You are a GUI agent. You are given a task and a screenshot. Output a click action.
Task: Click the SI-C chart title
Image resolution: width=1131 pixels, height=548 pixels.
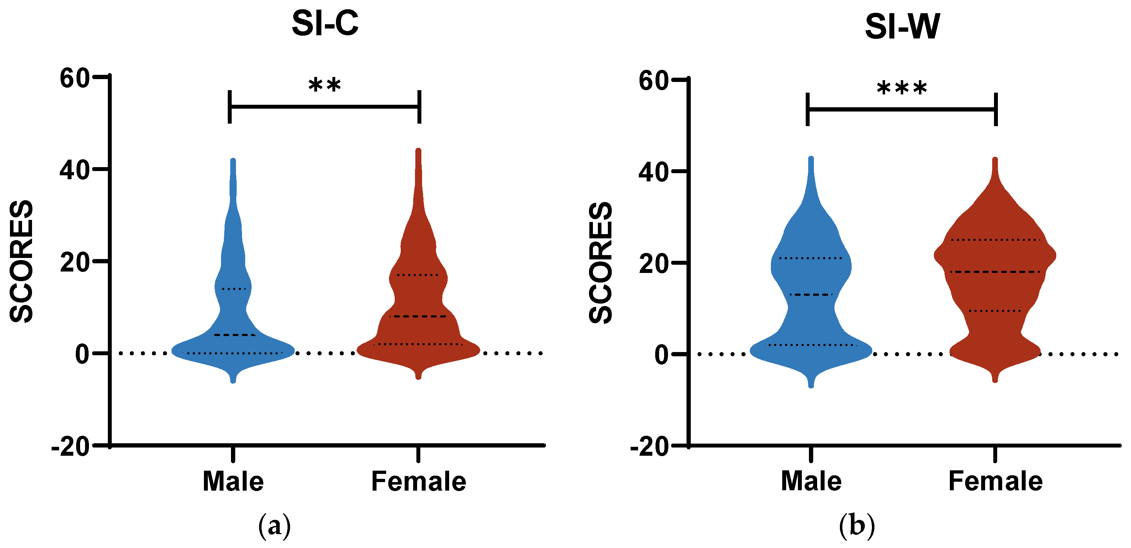click(x=325, y=24)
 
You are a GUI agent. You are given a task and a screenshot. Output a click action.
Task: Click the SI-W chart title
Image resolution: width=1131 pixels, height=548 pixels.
click(x=902, y=27)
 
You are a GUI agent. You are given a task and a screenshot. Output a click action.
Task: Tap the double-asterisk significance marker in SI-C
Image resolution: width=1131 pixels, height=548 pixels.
click(x=325, y=84)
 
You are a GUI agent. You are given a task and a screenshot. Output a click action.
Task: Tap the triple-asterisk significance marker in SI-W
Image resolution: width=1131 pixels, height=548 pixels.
click(x=902, y=88)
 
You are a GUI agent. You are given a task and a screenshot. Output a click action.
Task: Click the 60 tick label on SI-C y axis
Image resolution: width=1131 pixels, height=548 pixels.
click(x=75, y=79)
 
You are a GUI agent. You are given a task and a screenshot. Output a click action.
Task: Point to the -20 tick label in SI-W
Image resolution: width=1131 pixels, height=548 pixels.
click(x=649, y=448)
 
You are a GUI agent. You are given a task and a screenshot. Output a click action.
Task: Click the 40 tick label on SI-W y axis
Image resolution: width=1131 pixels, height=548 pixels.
click(x=653, y=172)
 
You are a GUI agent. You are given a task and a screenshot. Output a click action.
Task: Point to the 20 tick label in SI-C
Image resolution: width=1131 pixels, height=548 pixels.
click(x=75, y=262)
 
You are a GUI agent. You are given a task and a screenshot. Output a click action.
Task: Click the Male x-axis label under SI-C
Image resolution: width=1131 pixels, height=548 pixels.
click(x=233, y=481)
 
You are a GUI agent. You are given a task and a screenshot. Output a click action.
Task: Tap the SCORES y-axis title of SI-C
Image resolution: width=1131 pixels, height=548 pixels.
click(x=21, y=262)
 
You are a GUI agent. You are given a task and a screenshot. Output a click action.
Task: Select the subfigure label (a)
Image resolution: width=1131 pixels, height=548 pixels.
click(x=274, y=525)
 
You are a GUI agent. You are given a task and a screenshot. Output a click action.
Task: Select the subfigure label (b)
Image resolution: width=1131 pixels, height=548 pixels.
click(x=857, y=525)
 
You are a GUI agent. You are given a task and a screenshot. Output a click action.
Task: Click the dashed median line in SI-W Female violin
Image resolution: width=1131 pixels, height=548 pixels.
click(x=995, y=272)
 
